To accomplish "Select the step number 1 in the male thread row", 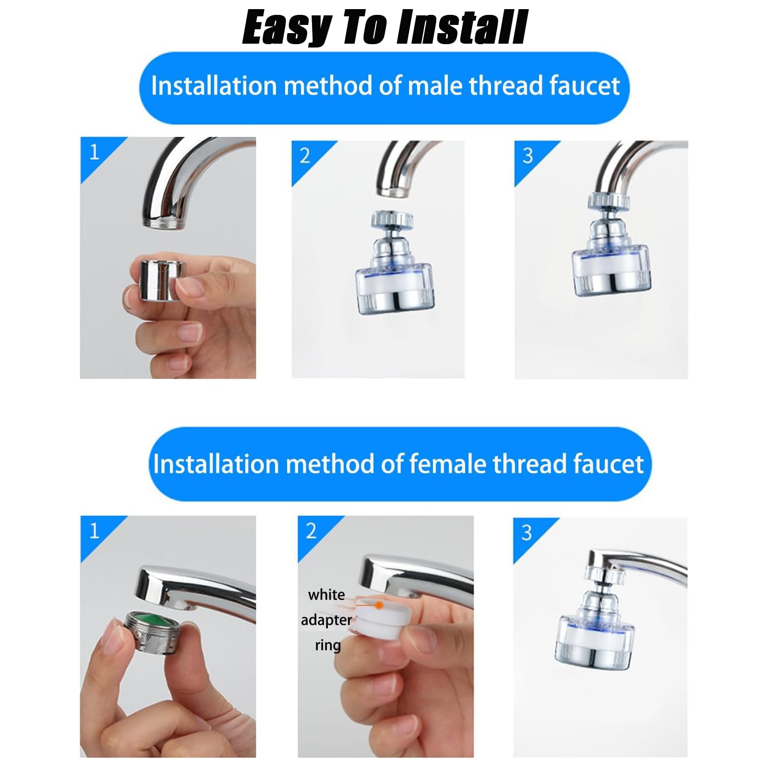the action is coord(94,152).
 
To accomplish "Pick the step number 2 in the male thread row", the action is coord(305,156).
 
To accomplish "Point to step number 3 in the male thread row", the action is coord(528,156).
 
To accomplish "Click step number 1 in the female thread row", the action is coord(94,530).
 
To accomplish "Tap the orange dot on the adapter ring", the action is coord(379,606).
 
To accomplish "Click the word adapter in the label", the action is coord(326,620).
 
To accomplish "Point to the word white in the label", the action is coord(326,595).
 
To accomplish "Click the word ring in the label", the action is coord(328,645).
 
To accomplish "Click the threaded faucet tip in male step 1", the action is coord(164,221).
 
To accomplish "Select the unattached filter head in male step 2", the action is coord(395,263).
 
